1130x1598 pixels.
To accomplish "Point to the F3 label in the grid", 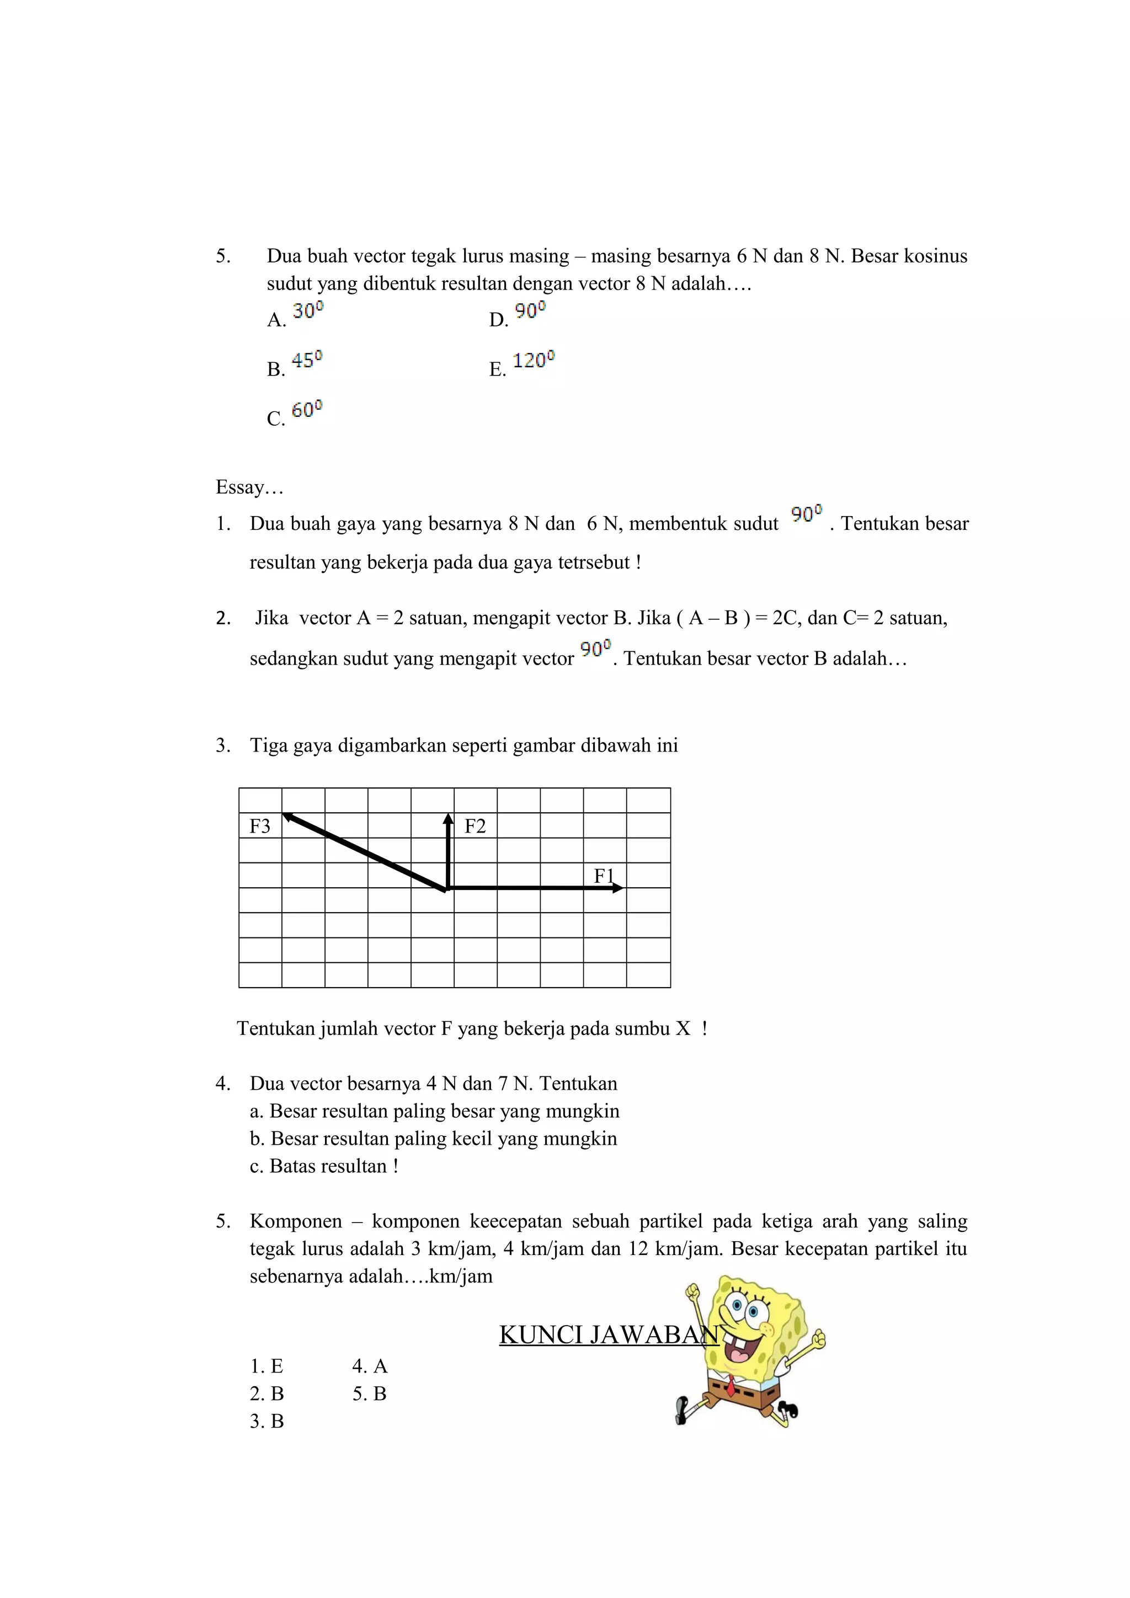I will tap(260, 826).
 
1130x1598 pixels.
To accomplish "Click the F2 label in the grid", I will tap(475, 826).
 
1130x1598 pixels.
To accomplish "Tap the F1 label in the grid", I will tap(604, 876).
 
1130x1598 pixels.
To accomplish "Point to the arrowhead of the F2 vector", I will tap(449, 819).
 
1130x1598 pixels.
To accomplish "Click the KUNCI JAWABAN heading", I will tap(609, 1334).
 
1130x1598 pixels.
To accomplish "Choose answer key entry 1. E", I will tap(266, 1366).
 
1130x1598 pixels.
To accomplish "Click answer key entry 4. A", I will tap(370, 1366).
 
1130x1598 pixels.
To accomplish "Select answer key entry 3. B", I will tap(266, 1421).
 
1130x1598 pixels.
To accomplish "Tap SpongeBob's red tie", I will tap(731, 1386).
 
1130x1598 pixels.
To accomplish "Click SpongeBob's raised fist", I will tap(692, 1293).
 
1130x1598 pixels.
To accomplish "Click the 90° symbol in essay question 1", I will tap(806, 514).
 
